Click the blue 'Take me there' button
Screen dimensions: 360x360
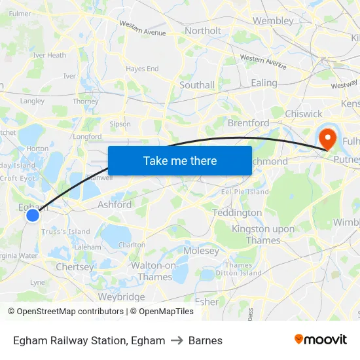coord(180,160)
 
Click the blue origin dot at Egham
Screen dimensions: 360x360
coord(33,215)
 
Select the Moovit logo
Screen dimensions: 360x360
coord(320,340)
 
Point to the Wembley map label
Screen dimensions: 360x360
coord(273,20)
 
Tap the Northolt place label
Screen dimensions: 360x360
coord(203,31)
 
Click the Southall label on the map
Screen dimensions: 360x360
coord(197,85)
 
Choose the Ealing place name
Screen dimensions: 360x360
coord(264,83)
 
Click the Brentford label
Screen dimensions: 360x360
coord(248,123)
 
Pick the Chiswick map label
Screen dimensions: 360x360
coord(304,114)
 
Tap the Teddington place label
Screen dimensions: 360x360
coord(237,213)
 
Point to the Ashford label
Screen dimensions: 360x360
coord(115,204)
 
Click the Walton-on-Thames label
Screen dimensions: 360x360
coord(154,271)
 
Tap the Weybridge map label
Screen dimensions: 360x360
coord(121,297)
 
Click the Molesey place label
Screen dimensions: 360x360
coord(202,251)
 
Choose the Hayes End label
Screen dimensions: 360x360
coord(142,69)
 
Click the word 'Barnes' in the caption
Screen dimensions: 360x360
coord(206,340)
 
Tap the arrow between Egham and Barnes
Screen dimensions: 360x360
coord(177,340)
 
